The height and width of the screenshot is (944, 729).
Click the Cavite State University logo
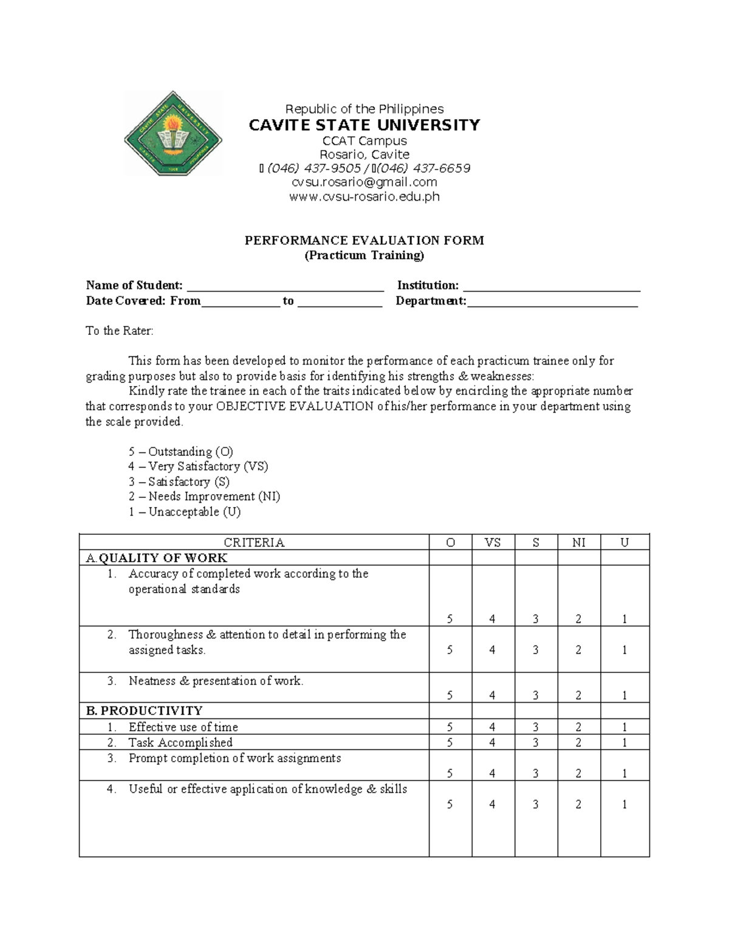point(173,133)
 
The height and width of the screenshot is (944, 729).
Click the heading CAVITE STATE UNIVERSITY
point(364,125)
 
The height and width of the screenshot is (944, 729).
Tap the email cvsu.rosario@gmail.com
point(364,182)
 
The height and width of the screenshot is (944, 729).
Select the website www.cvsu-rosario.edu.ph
point(364,196)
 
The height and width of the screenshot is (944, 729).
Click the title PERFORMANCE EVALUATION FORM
point(364,240)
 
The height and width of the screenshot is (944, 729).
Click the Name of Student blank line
point(285,287)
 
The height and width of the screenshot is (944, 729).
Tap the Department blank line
point(552,302)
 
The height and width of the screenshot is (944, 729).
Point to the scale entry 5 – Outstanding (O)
point(181,452)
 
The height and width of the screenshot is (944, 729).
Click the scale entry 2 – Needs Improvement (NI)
point(204,497)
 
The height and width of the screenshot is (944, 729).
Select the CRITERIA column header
point(254,543)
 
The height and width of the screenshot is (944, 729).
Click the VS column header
point(493,543)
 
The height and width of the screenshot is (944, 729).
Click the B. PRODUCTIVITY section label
point(145,711)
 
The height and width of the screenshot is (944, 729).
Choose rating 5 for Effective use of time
point(450,727)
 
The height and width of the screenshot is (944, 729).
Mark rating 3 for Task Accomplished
point(536,742)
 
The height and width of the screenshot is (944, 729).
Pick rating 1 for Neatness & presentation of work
point(625,695)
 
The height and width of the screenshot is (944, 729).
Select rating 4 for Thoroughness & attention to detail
point(492,650)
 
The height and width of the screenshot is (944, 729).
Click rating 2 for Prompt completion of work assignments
point(578,773)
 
